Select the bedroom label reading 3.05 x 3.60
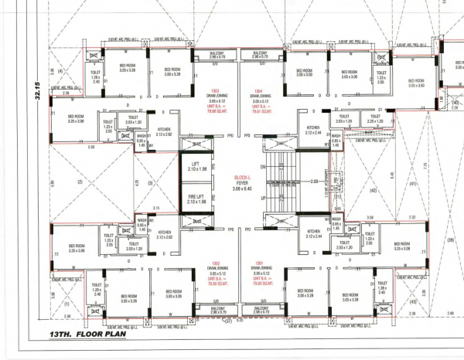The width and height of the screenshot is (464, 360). (416, 83)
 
